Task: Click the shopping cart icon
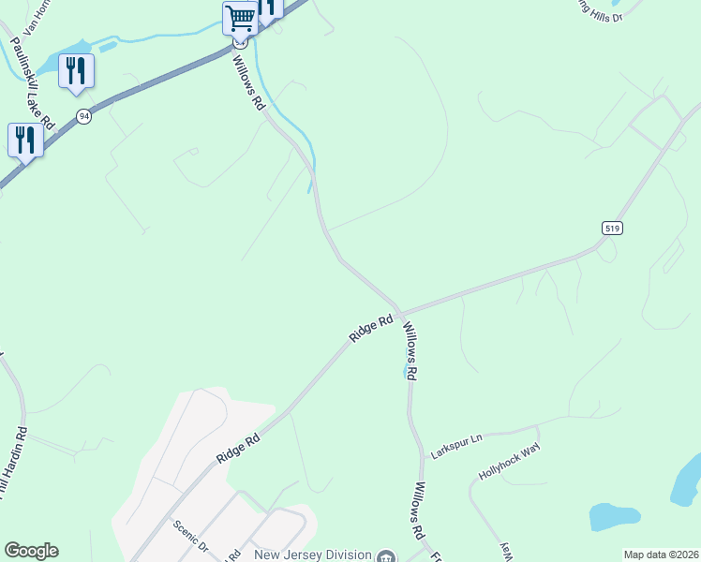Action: point(240,18)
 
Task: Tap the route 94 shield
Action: point(84,116)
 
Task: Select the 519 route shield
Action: point(612,229)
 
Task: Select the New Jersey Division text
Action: point(311,555)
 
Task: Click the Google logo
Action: point(31,551)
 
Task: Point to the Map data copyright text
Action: point(661,555)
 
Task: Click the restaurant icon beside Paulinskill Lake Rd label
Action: point(76,71)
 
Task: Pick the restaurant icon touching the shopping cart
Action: point(269,7)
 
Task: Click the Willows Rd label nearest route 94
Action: point(249,82)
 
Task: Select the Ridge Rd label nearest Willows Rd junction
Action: point(371,329)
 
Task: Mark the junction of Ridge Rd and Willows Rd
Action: point(400,312)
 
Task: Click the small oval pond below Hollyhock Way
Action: point(614,515)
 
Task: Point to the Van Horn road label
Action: point(35,16)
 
